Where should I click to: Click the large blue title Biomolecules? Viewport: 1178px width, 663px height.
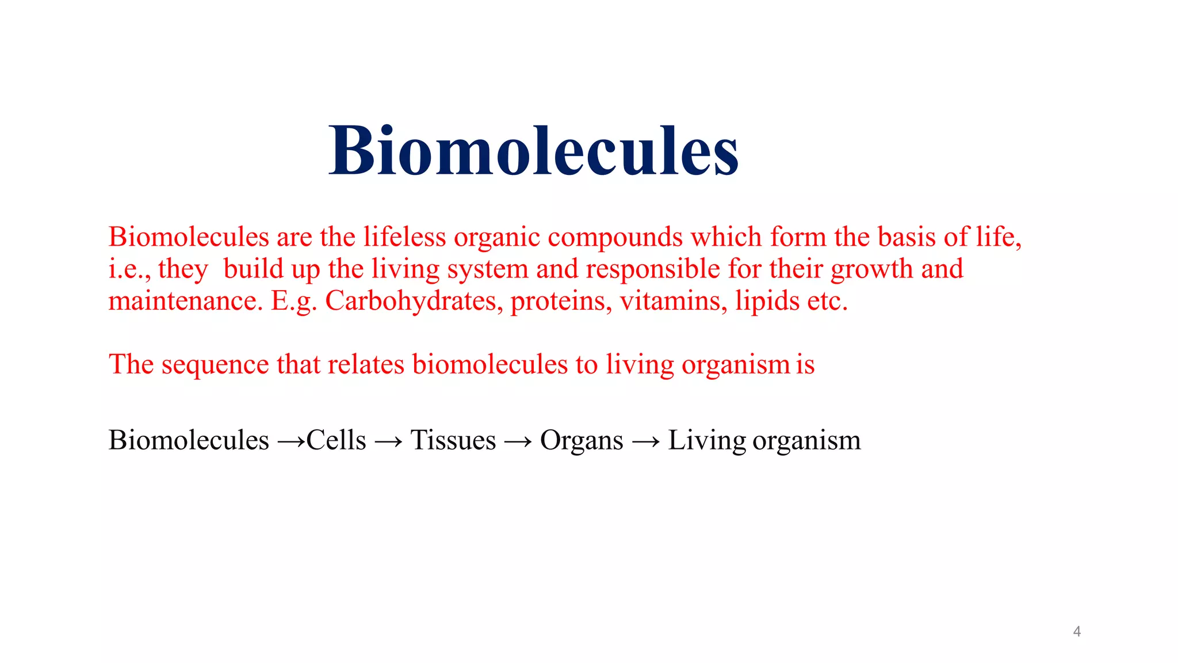pyautogui.click(x=534, y=151)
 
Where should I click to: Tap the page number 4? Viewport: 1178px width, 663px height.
pyautogui.click(x=1077, y=632)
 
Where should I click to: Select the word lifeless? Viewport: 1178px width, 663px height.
pyautogui.click(x=404, y=237)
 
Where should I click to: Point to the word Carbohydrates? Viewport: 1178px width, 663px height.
pyautogui.click(x=411, y=301)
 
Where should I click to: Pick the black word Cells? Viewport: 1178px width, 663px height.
pyautogui.click(x=336, y=440)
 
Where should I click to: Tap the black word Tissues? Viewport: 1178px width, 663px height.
pyautogui.click(x=453, y=440)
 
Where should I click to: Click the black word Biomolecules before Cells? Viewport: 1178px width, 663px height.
pyautogui.click(x=189, y=440)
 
